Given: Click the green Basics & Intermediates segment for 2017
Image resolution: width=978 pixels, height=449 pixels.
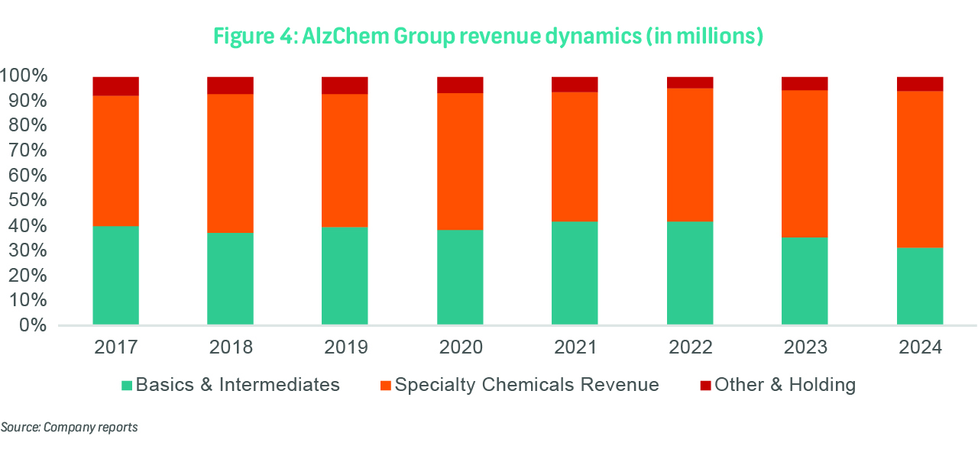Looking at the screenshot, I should [x=115, y=275].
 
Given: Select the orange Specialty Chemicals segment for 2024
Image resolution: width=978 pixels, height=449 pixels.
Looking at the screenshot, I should [x=920, y=169].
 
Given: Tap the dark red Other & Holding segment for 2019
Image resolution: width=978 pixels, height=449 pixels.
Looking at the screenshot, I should [x=345, y=85].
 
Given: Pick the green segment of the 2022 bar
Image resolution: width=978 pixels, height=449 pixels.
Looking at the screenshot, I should [x=690, y=273].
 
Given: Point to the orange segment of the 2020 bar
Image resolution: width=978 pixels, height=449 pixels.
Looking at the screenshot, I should [x=460, y=161].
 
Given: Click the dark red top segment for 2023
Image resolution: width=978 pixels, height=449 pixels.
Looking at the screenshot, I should [x=805, y=83].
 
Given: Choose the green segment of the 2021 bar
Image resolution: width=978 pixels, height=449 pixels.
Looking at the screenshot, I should [x=575, y=273].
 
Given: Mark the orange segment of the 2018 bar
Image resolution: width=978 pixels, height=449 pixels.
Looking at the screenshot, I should [x=230, y=163].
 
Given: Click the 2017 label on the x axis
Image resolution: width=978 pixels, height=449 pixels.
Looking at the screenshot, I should [x=115, y=347].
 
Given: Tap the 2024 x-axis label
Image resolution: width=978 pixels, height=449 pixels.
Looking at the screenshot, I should [x=920, y=347].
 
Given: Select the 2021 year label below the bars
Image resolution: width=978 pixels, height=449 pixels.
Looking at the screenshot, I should [x=575, y=347].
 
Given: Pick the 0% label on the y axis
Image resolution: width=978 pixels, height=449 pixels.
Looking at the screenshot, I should [x=34, y=325].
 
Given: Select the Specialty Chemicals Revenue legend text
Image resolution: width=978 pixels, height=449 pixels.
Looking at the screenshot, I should [x=526, y=385].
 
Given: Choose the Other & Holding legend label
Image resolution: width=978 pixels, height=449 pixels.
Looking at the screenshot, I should [x=785, y=385].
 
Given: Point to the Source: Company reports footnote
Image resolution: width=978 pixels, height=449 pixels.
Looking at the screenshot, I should [x=70, y=427].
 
